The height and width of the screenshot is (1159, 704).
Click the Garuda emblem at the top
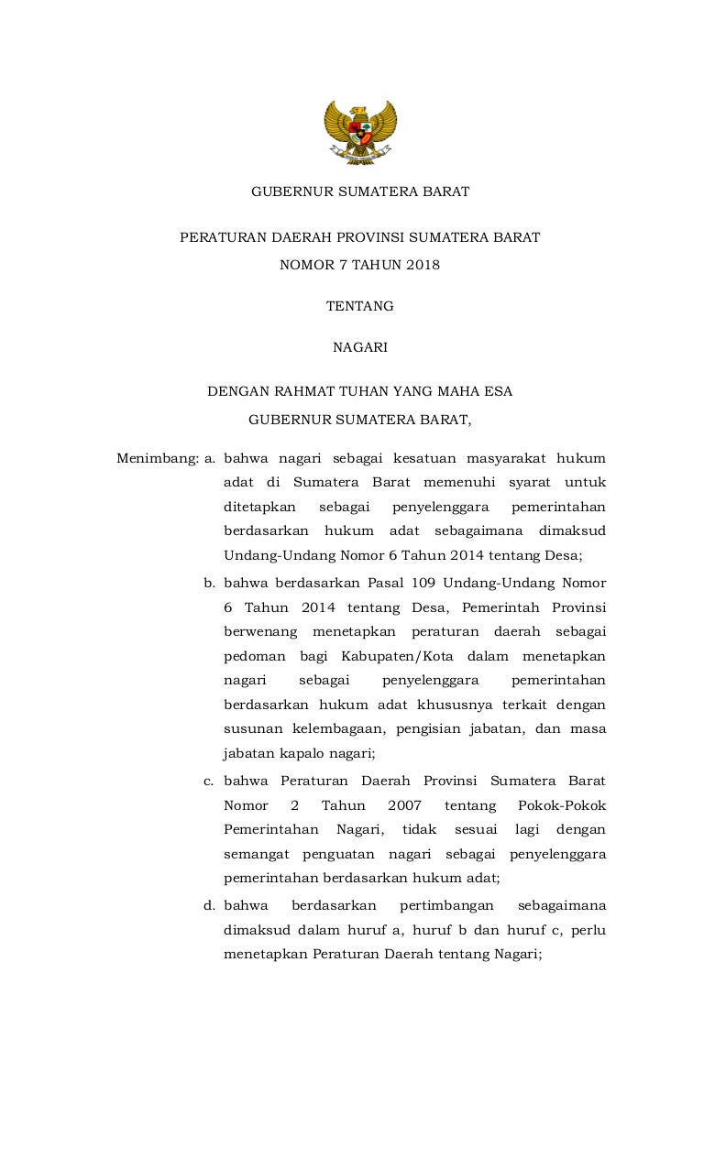[x=360, y=132]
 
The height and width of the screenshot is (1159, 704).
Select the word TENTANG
[x=360, y=306]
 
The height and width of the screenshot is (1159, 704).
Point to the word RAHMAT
[x=299, y=391]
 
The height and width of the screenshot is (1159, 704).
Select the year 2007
[x=404, y=805]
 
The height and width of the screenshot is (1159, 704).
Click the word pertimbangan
[x=446, y=905]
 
